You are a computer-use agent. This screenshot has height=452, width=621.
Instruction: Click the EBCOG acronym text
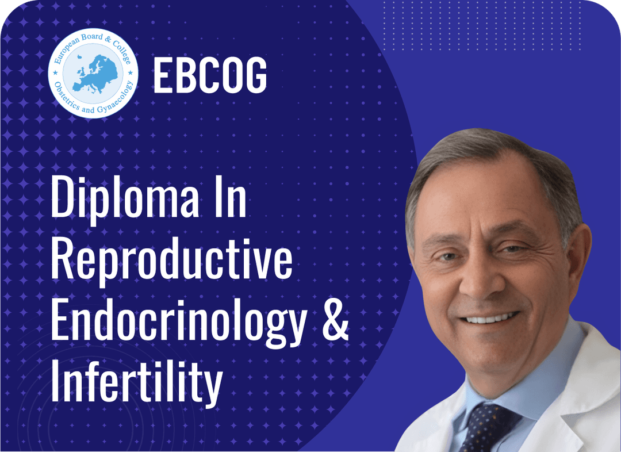(x=210, y=76)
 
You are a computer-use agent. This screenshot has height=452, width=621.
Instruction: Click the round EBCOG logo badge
(x=93, y=78)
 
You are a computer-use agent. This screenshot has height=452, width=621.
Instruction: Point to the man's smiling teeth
(x=492, y=317)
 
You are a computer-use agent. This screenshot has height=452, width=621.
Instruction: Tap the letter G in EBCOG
(x=255, y=76)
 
